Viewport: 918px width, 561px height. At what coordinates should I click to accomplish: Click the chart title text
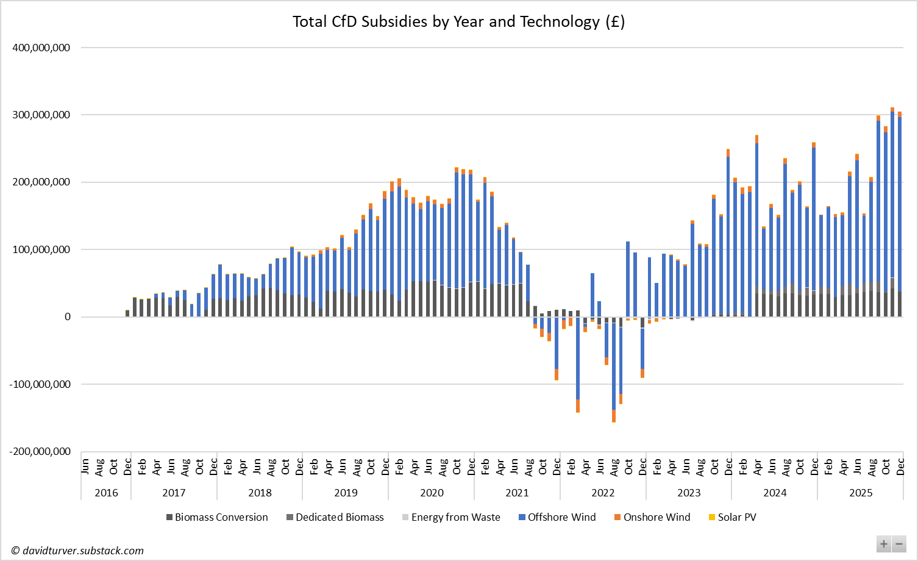pos(458,22)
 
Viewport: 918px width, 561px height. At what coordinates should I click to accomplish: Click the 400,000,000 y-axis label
pos(41,48)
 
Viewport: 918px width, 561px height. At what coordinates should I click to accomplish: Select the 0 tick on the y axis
pos(67,316)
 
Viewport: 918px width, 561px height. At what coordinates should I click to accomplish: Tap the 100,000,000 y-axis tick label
pos(41,249)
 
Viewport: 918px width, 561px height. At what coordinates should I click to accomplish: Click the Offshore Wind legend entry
pos(557,517)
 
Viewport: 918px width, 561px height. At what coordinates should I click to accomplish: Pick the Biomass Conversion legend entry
pos(217,517)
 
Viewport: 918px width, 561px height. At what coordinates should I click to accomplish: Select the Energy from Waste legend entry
pos(451,517)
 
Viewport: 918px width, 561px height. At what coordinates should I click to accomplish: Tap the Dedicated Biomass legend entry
pos(335,517)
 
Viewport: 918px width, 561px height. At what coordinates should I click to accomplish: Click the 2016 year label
pos(106,493)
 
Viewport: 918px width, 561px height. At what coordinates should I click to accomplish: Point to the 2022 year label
pos(603,493)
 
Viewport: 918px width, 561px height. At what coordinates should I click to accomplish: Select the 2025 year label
pos(861,493)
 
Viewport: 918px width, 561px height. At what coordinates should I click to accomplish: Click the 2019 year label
pos(346,493)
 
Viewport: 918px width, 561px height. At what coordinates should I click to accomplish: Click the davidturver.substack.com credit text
pos(77,551)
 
